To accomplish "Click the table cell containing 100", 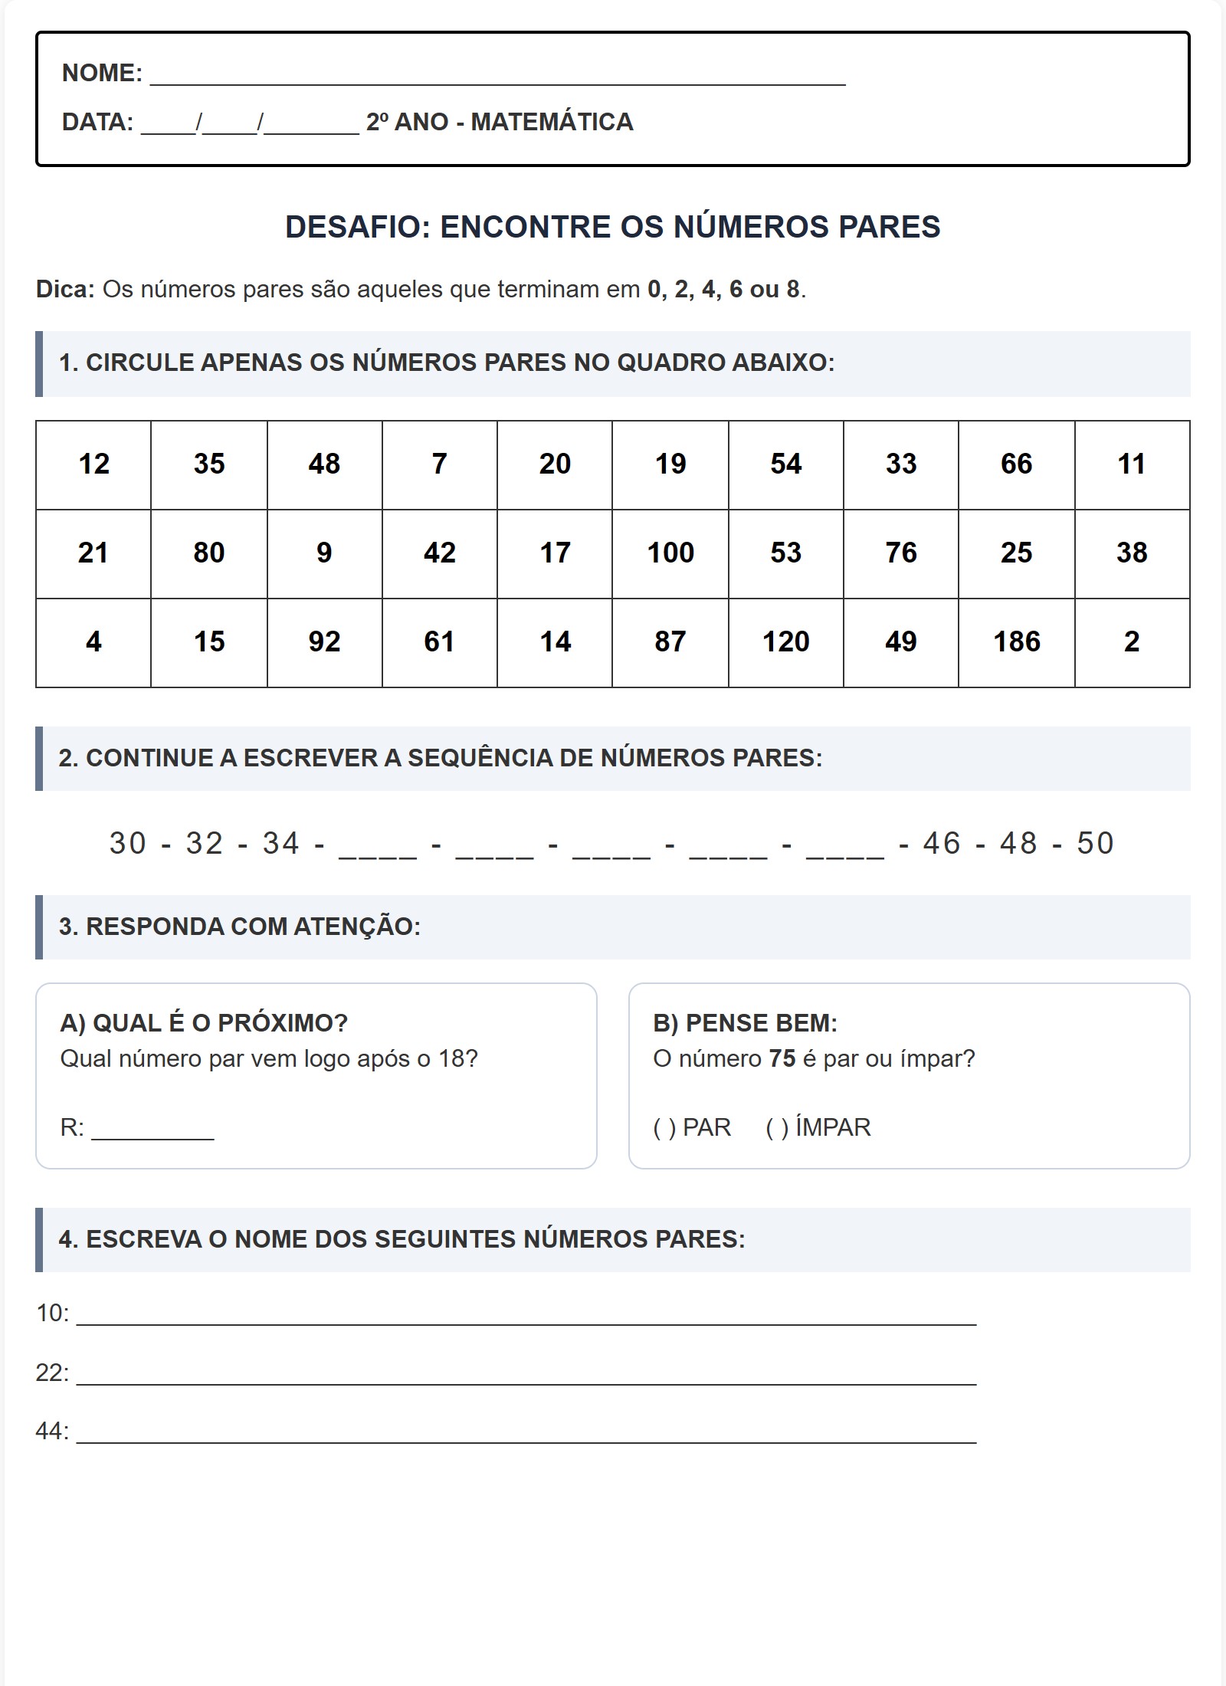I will pos(670,553).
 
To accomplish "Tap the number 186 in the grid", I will pos(1016,642).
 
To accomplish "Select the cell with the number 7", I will pos(439,464).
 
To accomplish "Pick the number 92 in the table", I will pos(324,642).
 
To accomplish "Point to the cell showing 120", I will pos(785,642).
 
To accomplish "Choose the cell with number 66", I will pos(1016,464).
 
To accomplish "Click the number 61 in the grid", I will pos(439,642).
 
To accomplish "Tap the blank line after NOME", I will pos(498,77).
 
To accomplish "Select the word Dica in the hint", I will pos(64,290).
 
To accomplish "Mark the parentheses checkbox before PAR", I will pos(664,1128).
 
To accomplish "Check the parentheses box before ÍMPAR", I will pos(777,1128).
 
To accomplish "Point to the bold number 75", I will pos(782,1059).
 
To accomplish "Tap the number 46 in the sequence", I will pos(942,844).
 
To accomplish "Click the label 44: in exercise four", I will pos(52,1432).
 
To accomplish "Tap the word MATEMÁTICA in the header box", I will pos(552,123).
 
